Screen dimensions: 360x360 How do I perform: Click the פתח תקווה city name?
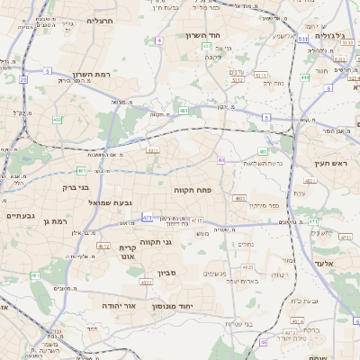click(193, 190)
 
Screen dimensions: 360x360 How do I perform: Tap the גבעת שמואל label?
click(111, 202)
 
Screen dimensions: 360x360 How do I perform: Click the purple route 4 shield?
click(159, 40)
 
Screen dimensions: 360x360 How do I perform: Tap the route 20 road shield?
click(22, 80)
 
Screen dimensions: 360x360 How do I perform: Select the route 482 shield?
click(58, 119)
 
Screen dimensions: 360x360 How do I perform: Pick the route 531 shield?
click(302, 40)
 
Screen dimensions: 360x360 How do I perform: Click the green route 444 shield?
click(305, 77)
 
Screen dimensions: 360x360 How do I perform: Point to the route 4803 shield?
click(239, 197)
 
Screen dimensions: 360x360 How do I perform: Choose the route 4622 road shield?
click(146, 283)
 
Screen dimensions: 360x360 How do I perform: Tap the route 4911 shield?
click(153, 150)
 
